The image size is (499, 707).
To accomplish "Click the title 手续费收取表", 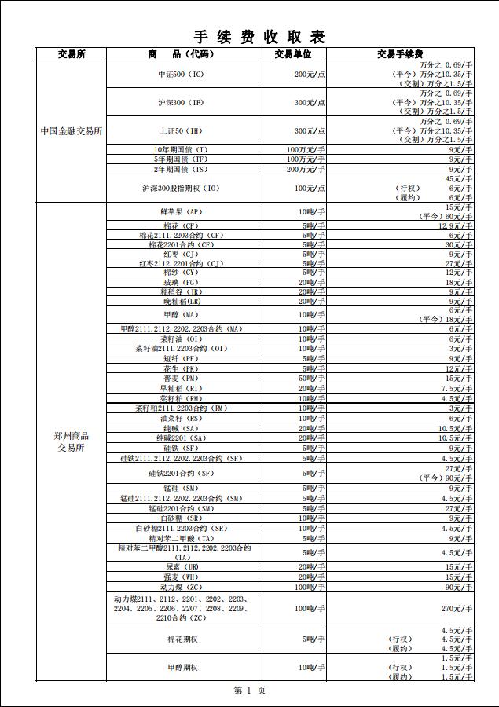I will [259, 37].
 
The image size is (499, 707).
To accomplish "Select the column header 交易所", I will [72, 54].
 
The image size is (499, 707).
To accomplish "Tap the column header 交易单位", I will [292, 54].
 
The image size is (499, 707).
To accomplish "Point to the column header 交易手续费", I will [400, 54].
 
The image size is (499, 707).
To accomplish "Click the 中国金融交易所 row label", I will [72, 131].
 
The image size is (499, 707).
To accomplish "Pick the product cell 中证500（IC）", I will [182, 74].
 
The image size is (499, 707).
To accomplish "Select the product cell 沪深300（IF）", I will [182, 102].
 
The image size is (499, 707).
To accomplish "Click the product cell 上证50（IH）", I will [182, 130].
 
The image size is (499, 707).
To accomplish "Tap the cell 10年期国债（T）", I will [182, 149].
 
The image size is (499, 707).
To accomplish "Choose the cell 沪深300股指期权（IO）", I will [182, 189].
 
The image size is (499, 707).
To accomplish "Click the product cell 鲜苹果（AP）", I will [182, 212].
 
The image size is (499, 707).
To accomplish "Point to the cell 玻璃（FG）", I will [182, 282].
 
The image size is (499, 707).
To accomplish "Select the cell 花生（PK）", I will [182, 368].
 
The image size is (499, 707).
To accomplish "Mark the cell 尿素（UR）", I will [182, 566].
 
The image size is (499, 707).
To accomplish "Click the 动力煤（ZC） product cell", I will [182, 587].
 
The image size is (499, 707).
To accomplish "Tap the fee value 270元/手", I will [457, 609].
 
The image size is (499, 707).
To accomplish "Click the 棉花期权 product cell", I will [182, 639].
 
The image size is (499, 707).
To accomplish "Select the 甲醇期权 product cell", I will [182, 668].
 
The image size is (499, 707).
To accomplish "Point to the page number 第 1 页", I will [250, 691].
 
